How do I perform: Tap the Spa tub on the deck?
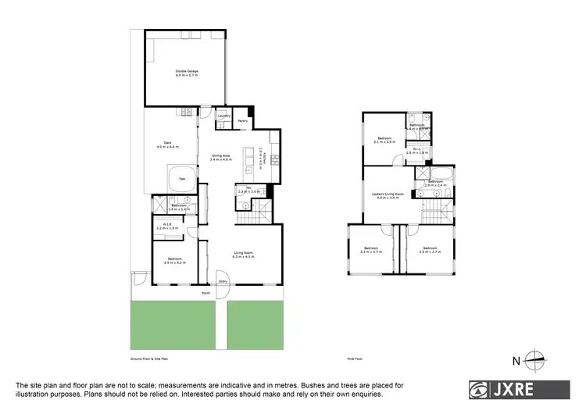182,177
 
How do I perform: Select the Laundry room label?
224,116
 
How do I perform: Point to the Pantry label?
242,122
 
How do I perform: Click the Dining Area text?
221,156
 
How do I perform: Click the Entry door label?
223,281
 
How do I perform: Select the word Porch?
206,293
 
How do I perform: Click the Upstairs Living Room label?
388,195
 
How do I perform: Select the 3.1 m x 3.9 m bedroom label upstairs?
384,142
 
